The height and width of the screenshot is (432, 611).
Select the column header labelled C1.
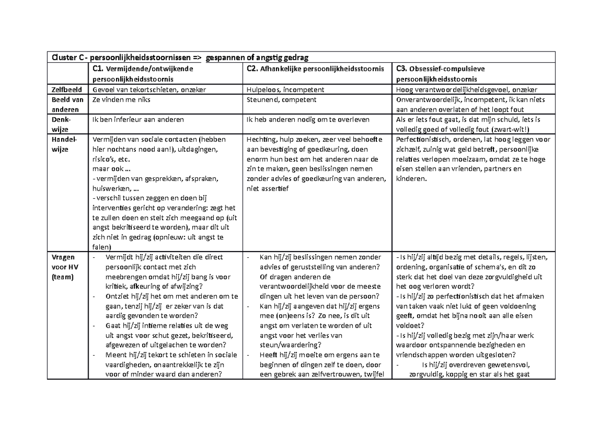143,73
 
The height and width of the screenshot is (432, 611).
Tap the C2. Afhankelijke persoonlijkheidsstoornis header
315,69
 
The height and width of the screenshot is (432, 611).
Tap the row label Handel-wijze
64,144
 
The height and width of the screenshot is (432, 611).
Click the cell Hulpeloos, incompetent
285,90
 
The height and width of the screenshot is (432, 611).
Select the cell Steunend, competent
281,100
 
